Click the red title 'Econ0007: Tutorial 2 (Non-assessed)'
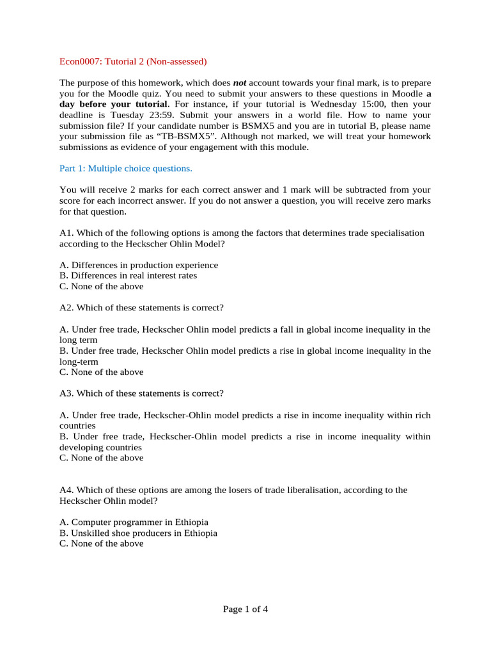tap(133, 62)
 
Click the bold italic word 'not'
tap(240, 83)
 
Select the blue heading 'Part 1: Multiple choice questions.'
tap(125, 169)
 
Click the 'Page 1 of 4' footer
tap(245, 609)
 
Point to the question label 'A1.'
tap(66, 233)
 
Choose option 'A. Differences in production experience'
tap(138, 265)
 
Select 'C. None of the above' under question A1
tap(101, 287)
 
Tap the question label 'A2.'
tap(66, 308)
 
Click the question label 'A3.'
tap(66, 393)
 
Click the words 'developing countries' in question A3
tap(100, 447)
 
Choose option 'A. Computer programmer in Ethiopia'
tap(134, 522)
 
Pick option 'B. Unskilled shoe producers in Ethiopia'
tap(138, 533)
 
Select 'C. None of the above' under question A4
tap(101, 544)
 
